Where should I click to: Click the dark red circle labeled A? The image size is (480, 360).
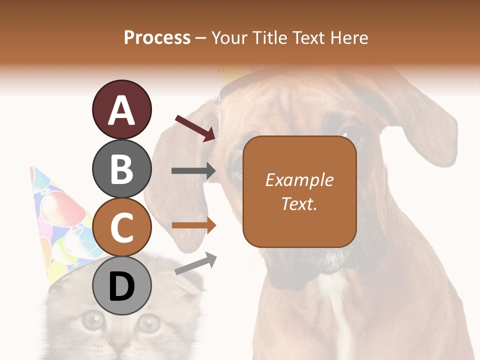[x=121, y=109]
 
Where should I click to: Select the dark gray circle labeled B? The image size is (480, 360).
[x=121, y=168]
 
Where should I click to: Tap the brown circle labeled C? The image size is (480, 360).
[x=121, y=227]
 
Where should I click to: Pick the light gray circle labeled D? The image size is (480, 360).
[x=121, y=286]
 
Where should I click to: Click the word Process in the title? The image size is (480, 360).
[x=157, y=37]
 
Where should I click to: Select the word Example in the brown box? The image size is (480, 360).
[x=299, y=180]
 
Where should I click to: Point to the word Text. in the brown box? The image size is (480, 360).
[x=299, y=203]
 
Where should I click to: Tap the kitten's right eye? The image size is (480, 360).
[x=149, y=323]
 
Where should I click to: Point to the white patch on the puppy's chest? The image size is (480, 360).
[x=340, y=320]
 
